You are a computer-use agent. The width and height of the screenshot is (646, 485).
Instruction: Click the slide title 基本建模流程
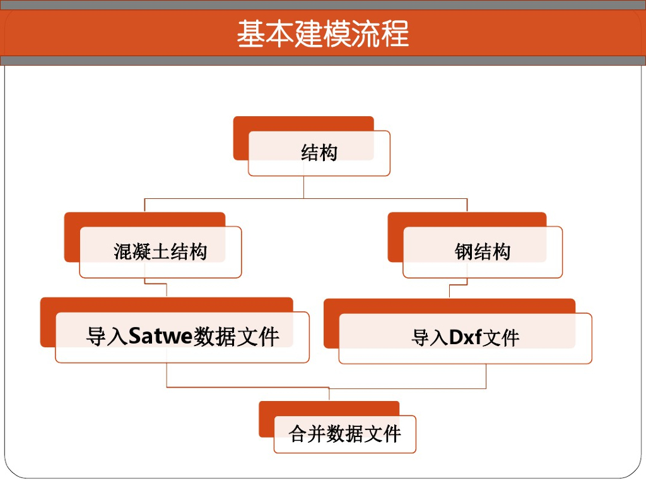click(x=323, y=33)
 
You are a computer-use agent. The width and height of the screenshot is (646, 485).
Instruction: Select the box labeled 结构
click(x=319, y=153)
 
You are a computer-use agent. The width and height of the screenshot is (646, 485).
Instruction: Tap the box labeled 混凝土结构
click(x=160, y=252)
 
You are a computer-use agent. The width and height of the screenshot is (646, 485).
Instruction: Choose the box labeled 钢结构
click(x=483, y=252)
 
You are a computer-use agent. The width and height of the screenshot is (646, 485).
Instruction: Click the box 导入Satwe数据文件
click(x=182, y=337)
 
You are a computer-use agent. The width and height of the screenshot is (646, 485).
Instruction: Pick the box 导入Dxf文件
click(x=465, y=338)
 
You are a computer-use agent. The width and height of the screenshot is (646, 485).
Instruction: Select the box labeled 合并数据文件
click(x=345, y=434)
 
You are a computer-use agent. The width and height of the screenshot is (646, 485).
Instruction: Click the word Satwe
click(x=160, y=336)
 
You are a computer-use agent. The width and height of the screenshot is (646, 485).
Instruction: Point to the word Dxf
click(x=465, y=338)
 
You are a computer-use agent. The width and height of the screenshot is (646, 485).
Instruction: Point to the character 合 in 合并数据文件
click(x=298, y=434)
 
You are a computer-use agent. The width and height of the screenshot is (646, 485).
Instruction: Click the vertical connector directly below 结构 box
click(x=304, y=187)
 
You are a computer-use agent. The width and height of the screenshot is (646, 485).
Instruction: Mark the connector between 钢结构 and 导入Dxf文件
click(x=450, y=291)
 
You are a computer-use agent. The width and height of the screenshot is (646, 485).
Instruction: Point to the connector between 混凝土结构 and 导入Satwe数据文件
click(x=167, y=290)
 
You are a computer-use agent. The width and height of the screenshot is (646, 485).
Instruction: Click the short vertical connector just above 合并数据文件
click(x=329, y=394)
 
